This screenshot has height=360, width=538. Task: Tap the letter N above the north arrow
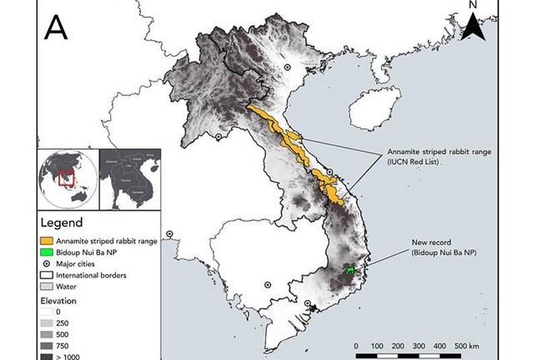(x=472, y=6)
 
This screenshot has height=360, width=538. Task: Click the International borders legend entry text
(x=92, y=275)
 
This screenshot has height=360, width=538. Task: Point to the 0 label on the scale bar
(x=357, y=343)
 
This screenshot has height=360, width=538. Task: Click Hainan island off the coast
(x=367, y=111)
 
